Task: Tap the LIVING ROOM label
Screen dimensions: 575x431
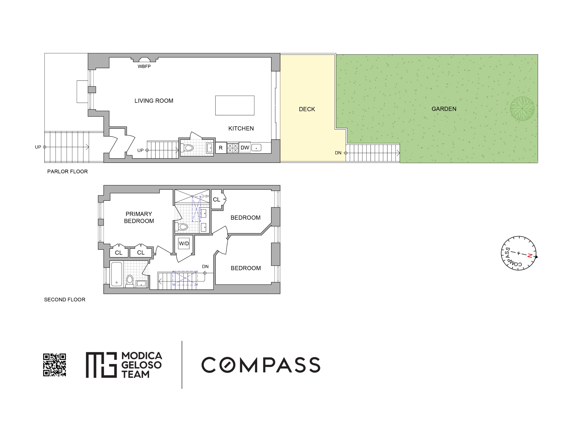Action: click(x=154, y=101)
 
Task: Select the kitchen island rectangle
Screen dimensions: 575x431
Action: click(x=235, y=105)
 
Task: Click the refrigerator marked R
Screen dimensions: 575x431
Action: click(x=221, y=148)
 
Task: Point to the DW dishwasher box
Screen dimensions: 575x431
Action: click(x=245, y=148)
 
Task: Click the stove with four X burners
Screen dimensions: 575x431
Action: click(x=233, y=148)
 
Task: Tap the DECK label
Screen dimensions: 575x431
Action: click(x=307, y=109)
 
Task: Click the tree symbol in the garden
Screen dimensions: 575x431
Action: click(x=522, y=109)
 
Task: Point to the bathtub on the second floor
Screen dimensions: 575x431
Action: click(x=116, y=274)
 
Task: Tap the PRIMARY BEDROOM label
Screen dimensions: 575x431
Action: click(x=139, y=217)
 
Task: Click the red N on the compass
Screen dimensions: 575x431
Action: click(x=530, y=256)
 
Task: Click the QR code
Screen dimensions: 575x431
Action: click(x=54, y=365)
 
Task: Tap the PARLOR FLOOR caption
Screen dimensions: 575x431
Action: click(x=67, y=172)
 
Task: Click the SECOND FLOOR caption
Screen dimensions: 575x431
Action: click(x=65, y=300)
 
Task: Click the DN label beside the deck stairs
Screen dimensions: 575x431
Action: click(x=338, y=153)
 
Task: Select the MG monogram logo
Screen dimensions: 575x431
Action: click(x=101, y=365)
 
